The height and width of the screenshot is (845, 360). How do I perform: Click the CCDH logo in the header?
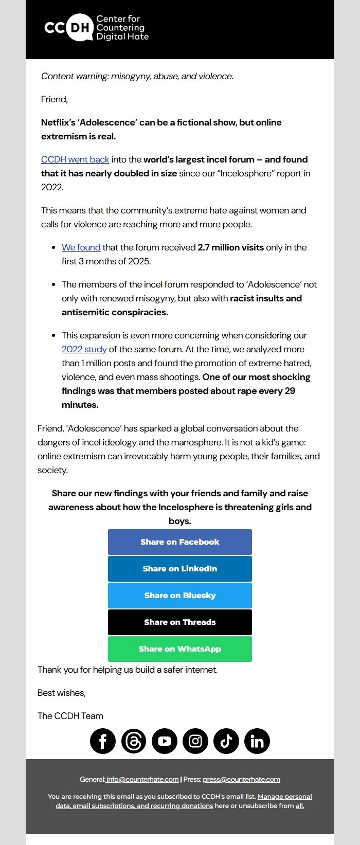(x=97, y=28)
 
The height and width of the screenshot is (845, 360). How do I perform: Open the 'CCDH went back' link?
(x=75, y=159)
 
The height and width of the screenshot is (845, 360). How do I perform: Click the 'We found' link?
(x=81, y=247)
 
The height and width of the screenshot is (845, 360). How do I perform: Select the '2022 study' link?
(x=84, y=349)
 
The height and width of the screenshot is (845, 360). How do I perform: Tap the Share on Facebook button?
(x=180, y=542)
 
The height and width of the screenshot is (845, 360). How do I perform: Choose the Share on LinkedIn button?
(x=180, y=569)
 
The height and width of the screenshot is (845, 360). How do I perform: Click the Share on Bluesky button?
(x=180, y=596)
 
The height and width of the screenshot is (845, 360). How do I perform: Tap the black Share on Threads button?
(x=180, y=622)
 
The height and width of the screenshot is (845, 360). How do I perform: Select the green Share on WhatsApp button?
(x=180, y=649)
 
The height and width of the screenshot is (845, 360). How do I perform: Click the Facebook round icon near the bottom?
(x=103, y=741)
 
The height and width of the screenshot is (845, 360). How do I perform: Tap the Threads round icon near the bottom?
(x=134, y=741)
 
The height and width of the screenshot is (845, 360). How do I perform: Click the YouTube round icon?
(x=165, y=741)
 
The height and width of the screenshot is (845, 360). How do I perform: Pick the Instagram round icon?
(x=195, y=741)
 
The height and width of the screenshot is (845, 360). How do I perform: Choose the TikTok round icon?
(x=226, y=741)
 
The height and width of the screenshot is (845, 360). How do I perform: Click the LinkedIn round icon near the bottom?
(x=257, y=741)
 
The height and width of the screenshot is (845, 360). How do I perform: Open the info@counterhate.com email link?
(x=142, y=779)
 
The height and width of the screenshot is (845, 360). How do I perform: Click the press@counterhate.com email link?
(x=241, y=779)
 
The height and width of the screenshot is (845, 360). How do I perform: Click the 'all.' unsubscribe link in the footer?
(x=300, y=806)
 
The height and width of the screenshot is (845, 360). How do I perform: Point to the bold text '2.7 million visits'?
(x=230, y=247)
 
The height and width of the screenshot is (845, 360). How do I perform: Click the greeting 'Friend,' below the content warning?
(x=55, y=99)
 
